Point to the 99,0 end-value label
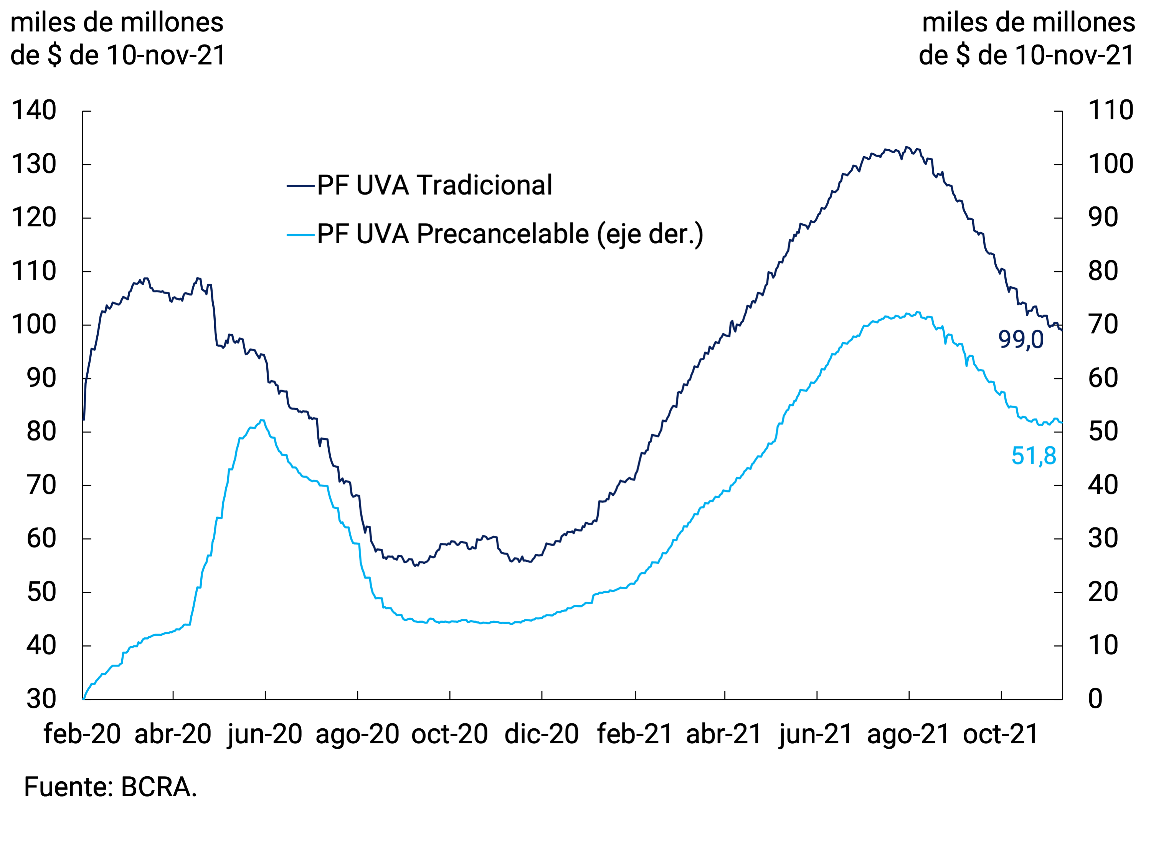click(1021, 340)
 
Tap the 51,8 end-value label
click(1034, 456)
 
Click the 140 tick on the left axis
click(34, 111)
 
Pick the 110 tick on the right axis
click(1110, 111)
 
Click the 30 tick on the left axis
click(41, 699)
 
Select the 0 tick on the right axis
click(1095, 699)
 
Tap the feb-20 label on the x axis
click(82, 734)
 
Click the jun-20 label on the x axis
click(265, 734)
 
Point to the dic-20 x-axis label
click(541, 734)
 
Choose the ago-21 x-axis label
click(908, 734)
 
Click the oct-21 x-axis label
click(1000, 734)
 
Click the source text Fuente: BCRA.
click(110, 787)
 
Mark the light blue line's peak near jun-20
click(262, 420)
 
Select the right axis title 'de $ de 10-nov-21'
click(1027, 55)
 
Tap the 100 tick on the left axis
click(34, 325)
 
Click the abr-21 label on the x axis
click(724, 734)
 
